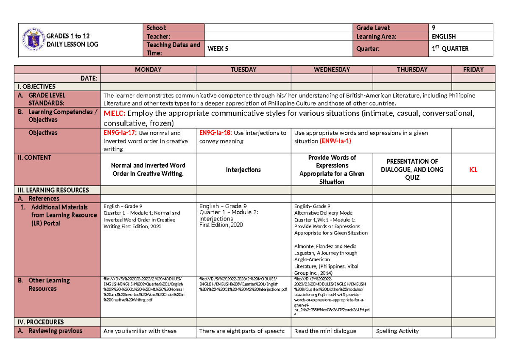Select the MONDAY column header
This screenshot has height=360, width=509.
[x=148, y=70]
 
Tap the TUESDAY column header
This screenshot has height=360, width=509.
[x=244, y=70]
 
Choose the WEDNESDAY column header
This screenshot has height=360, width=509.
[x=332, y=70]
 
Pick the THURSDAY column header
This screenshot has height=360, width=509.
[x=412, y=70]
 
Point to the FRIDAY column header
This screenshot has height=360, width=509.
[x=473, y=70]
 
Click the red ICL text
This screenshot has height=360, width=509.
[x=473, y=170]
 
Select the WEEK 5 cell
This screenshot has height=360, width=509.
[x=218, y=49]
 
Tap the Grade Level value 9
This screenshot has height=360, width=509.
[x=433, y=28]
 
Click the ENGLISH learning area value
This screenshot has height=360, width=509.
[x=444, y=36]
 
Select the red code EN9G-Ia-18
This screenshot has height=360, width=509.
[x=215, y=133]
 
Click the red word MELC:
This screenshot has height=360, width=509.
[x=115, y=113]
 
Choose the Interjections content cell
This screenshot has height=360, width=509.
[x=243, y=170]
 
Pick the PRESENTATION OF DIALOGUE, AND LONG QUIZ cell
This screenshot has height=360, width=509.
[x=412, y=170]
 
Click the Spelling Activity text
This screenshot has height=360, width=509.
[x=397, y=331]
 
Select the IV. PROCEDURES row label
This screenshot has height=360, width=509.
[x=39, y=322]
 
